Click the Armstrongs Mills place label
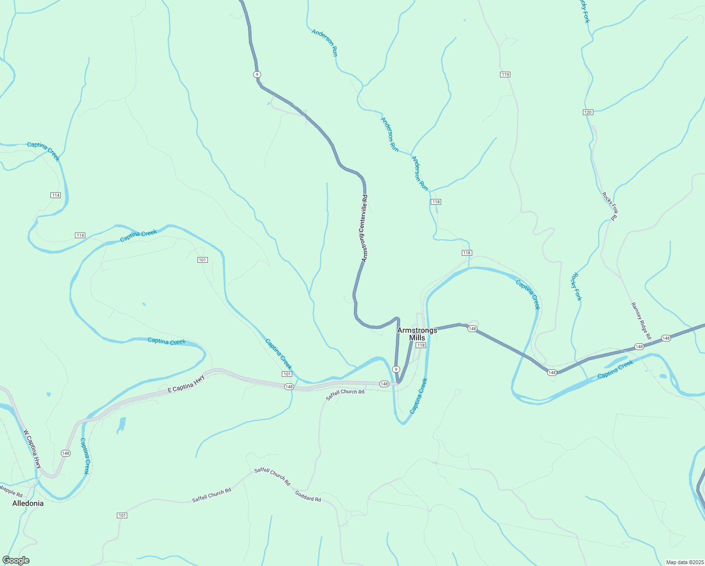tap(417, 334)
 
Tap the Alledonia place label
tap(28, 503)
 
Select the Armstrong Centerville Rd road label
tap(364, 229)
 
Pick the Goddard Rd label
tap(308, 496)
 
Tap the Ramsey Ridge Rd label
tap(641, 321)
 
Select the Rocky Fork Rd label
tap(609, 206)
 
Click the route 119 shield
tap(505, 75)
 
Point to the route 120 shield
tap(588, 112)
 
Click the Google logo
tap(16, 560)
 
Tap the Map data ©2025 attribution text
tap(684, 562)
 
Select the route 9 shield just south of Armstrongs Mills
tap(396, 369)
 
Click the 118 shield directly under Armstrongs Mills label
tap(421, 345)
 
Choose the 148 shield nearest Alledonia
tap(66, 453)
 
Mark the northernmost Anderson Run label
tap(325, 42)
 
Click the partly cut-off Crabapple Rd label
tap(10, 491)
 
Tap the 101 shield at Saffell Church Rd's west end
tap(122, 516)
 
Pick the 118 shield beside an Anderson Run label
tap(435, 202)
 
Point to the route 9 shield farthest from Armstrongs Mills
tap(257, 75)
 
